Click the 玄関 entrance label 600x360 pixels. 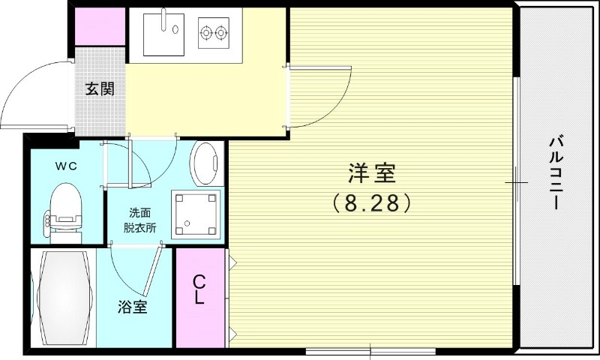[x=99, y=89]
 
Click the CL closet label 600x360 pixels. [x=199, y=289]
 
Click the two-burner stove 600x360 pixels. [x=213, y=32]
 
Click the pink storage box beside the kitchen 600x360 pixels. [x=100, y=27]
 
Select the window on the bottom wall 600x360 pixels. [x=371, y=349]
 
